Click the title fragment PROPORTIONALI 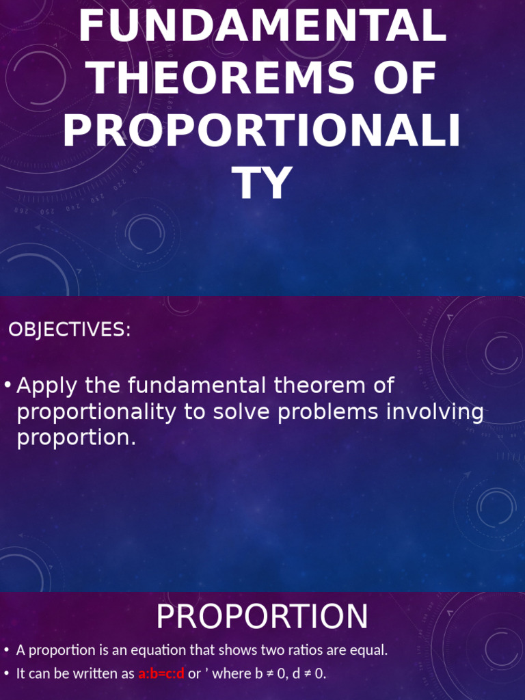(x=262, y=131)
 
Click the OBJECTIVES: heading (x=69, y=329)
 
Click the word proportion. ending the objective (x=76, y=438)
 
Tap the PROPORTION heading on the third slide (x=262, y=617)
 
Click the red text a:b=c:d (x=161, y=674)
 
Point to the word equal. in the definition (x=369, y=650)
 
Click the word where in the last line (x=234, y=674)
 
